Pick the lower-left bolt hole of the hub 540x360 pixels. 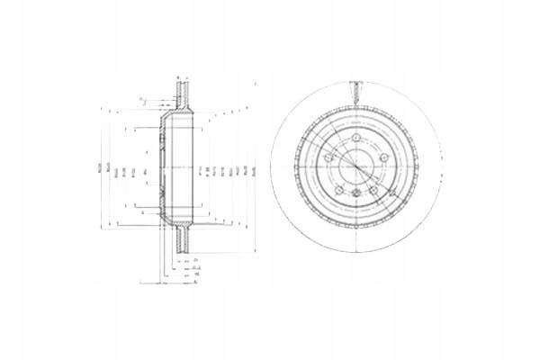point(340,191)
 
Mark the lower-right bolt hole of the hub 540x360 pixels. point(373,191)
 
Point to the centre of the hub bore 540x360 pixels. point(356,166)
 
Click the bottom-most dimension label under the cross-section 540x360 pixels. point(195,281)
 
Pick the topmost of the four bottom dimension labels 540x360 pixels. point(195,257)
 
